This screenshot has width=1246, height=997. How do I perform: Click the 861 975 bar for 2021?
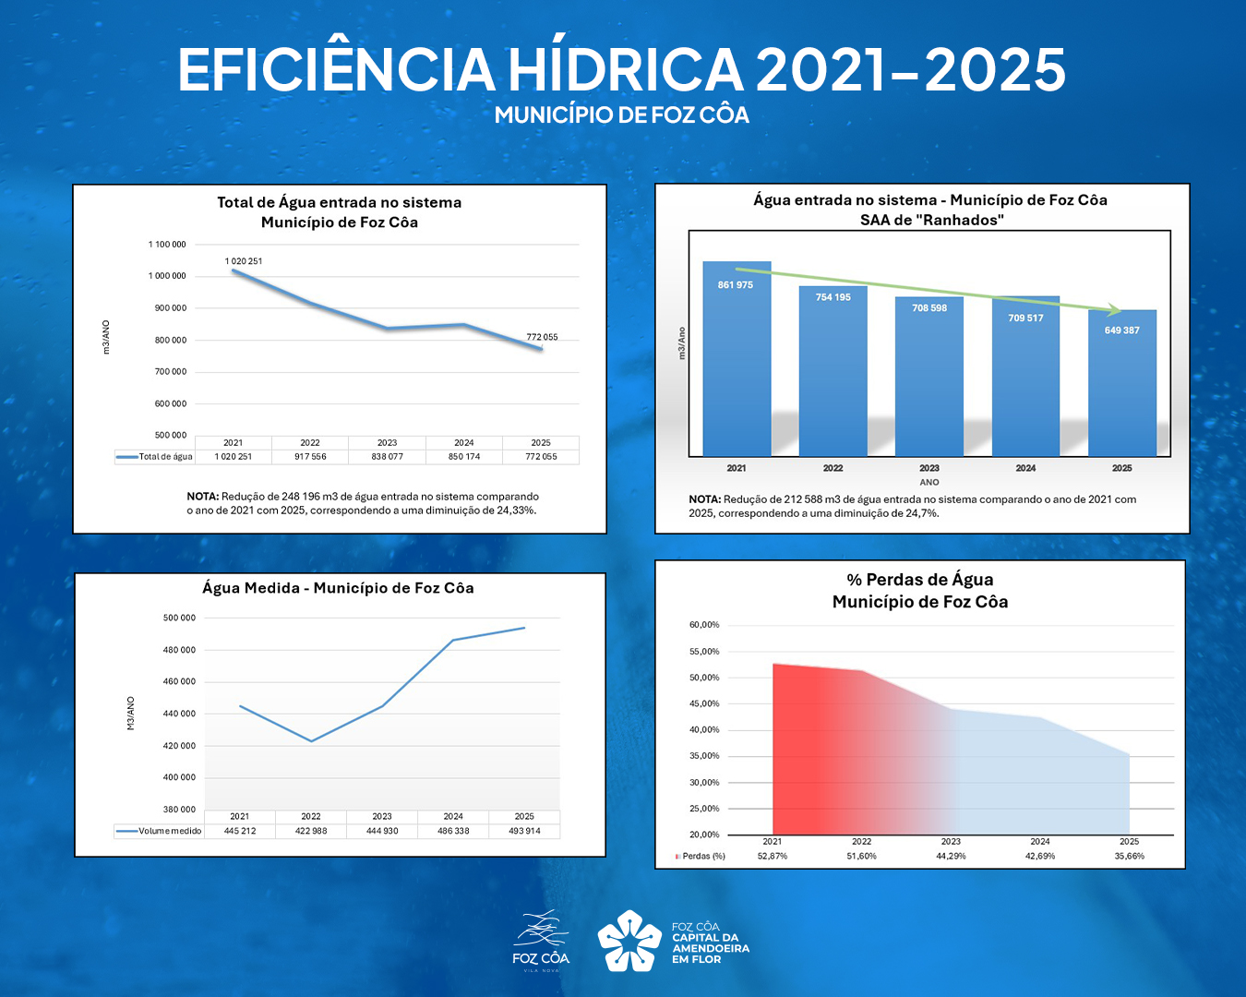coord(737,360)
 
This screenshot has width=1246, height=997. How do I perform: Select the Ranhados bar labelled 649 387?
coord(1121,383)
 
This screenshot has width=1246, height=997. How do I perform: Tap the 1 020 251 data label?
coord(244,261)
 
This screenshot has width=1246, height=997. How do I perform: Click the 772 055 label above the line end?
coord(542,337)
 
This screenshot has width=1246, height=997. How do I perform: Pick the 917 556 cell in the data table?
coord(310,457)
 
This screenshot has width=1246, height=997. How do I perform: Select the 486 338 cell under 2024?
coord(453,831)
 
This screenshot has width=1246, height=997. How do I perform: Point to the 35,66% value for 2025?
coord(1129,857)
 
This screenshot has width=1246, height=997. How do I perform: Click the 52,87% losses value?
coord(773,857)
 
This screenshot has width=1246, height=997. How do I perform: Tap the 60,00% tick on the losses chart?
coord(704,625)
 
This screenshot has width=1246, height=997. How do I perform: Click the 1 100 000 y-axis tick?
coord(167,245)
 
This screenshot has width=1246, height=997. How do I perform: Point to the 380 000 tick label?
coord(179,810)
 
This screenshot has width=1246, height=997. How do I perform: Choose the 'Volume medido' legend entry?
coord(159,831)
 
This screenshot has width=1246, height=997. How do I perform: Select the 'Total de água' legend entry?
coord(155,457)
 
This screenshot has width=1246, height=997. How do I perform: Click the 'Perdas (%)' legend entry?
coord(701,857)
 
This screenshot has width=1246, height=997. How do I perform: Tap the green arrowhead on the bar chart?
coord(1115,310)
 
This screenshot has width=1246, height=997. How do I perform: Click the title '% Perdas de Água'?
coord(920,580)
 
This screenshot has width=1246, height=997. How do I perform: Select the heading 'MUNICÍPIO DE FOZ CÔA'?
coord(622,115)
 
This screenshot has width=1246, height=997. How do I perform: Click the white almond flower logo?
coord(629,941)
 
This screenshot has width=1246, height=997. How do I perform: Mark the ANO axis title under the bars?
coord(929,482)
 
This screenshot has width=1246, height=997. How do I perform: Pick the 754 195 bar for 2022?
coord(833,374)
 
